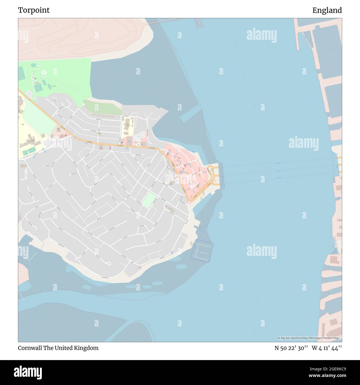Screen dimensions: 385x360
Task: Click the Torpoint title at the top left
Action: [34, 10]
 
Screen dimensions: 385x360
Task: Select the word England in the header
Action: [327, 10]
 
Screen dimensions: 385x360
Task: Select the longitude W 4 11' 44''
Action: [327, 348]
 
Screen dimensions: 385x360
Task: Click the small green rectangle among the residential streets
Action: [149, 199]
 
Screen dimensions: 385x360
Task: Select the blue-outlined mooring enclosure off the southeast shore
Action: [202, 250]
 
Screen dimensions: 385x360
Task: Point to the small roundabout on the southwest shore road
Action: [77, 259]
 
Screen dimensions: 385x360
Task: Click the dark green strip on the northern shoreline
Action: [102, 107]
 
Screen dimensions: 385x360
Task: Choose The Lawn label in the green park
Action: [53, 86]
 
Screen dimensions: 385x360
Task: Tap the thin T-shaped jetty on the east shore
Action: [332, 245]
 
